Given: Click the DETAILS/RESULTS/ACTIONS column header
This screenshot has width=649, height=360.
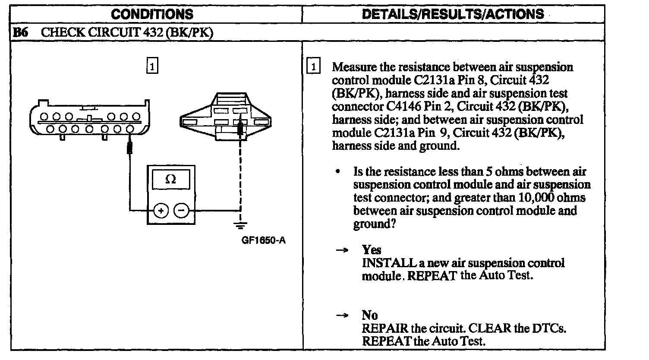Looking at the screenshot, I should click(453, 14).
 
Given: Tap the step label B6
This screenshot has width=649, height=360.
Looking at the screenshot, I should click(21, 33).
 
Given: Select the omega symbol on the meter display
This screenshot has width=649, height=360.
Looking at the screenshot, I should click(171, 180).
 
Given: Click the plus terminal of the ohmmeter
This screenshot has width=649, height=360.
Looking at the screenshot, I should click(161, 211).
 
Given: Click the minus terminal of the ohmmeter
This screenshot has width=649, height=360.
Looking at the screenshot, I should click(182, 211).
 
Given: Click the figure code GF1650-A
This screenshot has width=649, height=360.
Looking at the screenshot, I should click(263, 240).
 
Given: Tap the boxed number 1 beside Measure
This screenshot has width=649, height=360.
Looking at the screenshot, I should click(313, 67).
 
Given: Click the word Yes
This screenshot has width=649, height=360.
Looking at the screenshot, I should click(372, 250).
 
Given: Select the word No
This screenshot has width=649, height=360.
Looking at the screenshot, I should click(370, 316).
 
